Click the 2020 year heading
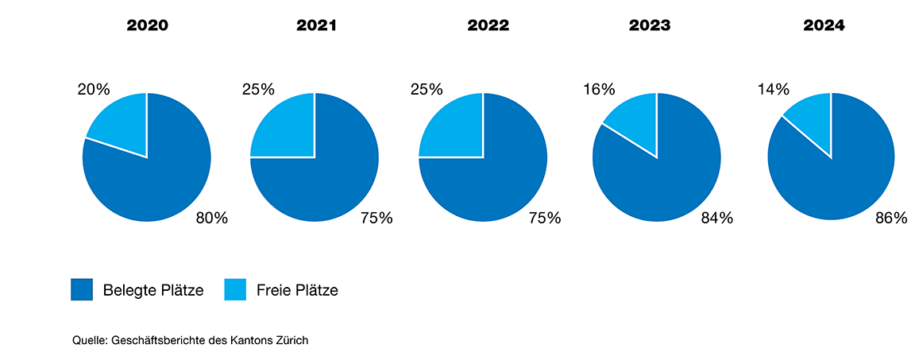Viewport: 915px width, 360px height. (147, 25)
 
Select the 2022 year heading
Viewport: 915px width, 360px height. (488, 25)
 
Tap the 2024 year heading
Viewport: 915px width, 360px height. (824, 25)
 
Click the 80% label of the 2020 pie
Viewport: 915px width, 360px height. (211, 218)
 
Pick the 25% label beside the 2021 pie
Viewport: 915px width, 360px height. (258, 89)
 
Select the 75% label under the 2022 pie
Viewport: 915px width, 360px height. (545, 218)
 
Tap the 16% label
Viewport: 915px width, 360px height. (600, 89)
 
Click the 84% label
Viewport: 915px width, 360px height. (717, 218)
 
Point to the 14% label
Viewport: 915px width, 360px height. (773, 89)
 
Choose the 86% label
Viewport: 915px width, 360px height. (891, 218)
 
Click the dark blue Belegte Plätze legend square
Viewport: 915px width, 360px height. (82, 290)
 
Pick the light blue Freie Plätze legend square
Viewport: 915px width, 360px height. (236, 290)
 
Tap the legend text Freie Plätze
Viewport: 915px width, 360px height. (297, 291)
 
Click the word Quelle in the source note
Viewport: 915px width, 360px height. (90, 340)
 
